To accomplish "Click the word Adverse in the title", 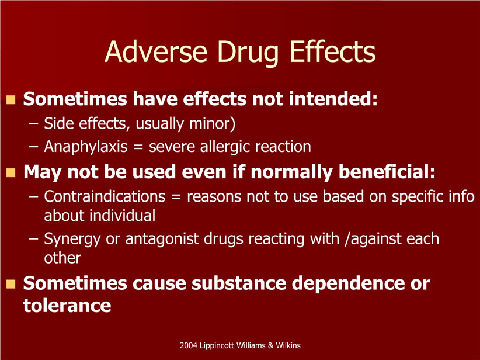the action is click(156, 51).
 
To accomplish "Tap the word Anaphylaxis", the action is click(86, 147).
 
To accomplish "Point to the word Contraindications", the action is click(105, 196).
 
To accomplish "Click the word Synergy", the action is click(72, 239).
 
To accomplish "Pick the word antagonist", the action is click(162, 239).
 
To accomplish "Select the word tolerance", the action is click(67, 306).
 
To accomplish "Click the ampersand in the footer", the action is click(270, 345).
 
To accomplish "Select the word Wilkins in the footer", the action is click(288, 345).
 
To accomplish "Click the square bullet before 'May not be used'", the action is click(11, 173).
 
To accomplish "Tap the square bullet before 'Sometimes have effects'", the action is click(11, 100).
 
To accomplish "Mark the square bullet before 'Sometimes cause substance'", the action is click(11, 284).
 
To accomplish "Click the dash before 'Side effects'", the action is click(33, 124).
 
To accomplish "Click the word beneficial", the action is click(387, 172).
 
